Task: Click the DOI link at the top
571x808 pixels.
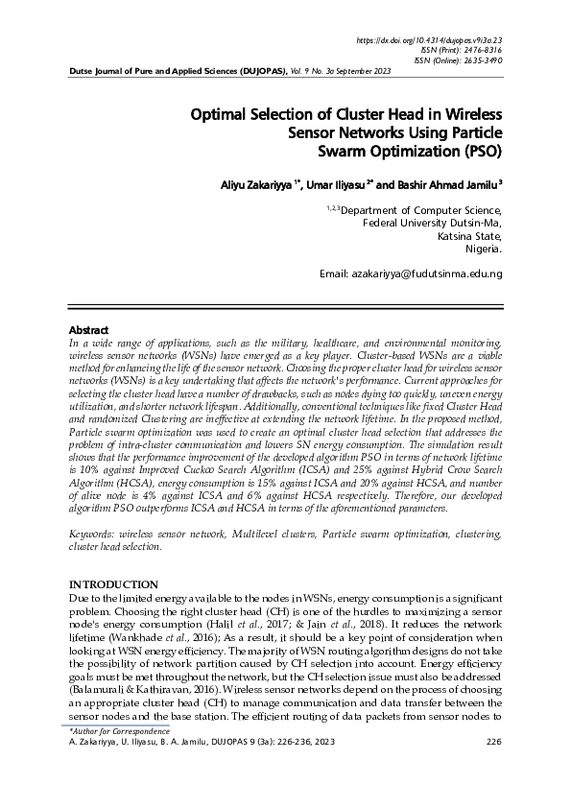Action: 429,40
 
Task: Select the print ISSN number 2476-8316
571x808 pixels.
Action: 483,50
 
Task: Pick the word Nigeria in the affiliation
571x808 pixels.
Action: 482,249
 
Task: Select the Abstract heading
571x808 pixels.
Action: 90,329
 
